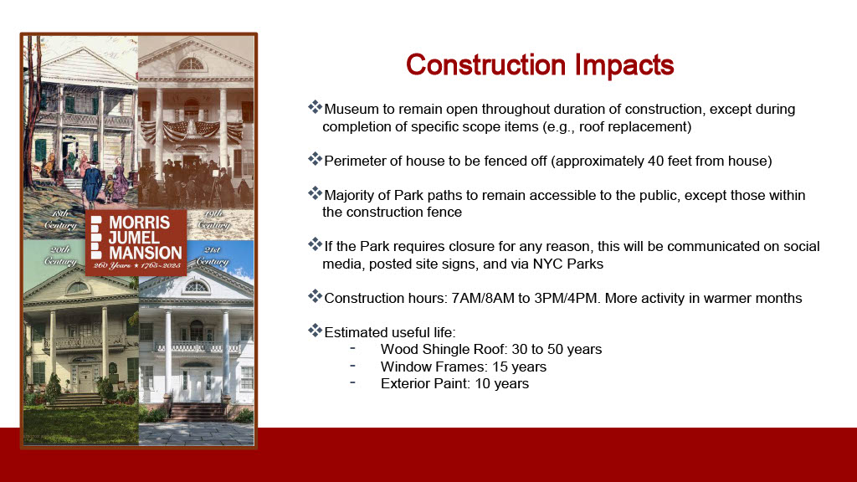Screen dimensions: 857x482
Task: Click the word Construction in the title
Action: (x=485, y=64)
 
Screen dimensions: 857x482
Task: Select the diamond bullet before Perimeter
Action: (x=315, y=159)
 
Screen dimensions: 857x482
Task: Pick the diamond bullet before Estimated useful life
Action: (x=315, y=330)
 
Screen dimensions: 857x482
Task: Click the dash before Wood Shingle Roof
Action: (x=353, y=348)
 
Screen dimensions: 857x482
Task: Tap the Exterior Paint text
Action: (x=425, y=383)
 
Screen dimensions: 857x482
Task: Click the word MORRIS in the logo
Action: (x=140, y=223)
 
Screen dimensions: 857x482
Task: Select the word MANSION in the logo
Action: (x=145, y=253)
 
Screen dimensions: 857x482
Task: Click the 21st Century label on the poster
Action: (x=212, y=256)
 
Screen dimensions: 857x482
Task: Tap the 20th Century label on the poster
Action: (x=60, y=256)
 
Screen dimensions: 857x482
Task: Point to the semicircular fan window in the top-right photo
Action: (x=191, y=64)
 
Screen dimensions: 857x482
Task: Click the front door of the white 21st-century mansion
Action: (x=197, y=387)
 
